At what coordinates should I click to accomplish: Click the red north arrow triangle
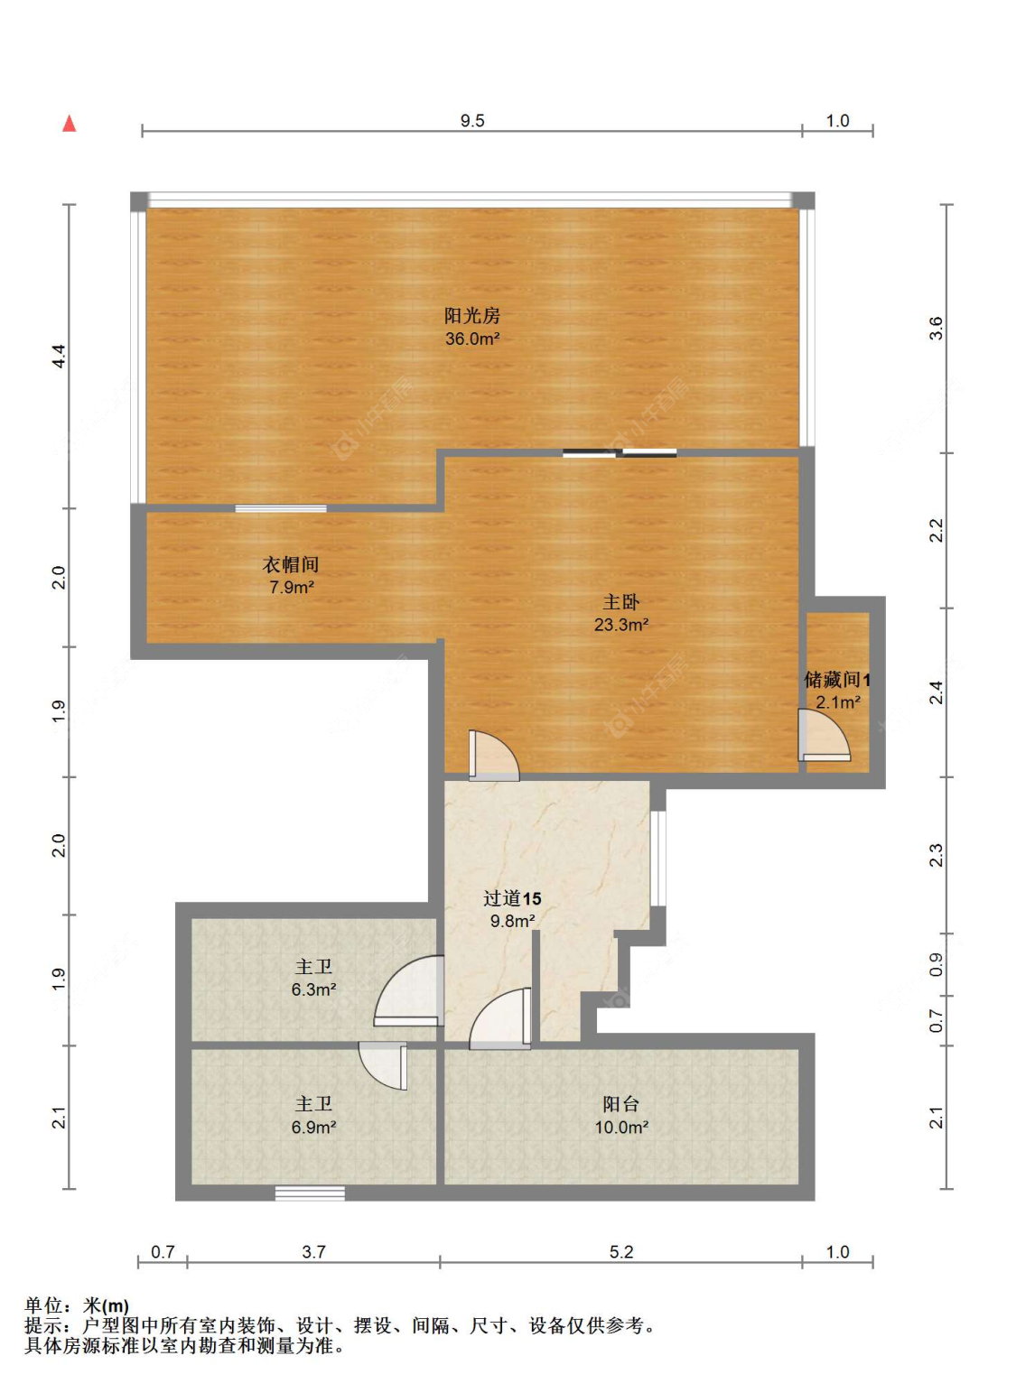click(x=69, y=124)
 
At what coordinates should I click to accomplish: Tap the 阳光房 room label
click(x=472, y=315)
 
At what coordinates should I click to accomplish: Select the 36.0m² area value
click(x=472, y=339)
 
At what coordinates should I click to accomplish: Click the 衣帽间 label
click(x=291, y=564)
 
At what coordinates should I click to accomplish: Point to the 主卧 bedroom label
click(x=621, y=601)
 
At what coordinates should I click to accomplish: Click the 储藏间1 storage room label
click(x=837, y=680)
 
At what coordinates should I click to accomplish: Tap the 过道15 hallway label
click(x=512, y=898)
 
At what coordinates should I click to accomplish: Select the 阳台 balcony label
click(x=621, y=1104)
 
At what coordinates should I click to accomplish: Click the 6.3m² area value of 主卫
click(x=313, y=989)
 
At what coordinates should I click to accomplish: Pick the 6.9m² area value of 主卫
click(x=313, y=1127)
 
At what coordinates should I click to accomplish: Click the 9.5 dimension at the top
click(x=472, y=121)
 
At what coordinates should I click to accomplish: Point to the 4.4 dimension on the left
click(x=59, y=357)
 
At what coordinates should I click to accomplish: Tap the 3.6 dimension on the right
click(x=936, y=329)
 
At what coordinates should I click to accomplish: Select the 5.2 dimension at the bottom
click(x=621, y=1252)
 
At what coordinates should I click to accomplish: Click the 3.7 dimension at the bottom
click(x=313, y=1252)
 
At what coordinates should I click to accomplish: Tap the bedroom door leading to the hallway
click(x=494, y=756)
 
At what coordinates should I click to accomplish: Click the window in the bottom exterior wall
click(x=310, y=1193)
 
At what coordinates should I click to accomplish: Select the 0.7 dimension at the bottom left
click(x=163, y=1252)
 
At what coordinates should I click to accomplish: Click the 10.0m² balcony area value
click(x=621, y=1127)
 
